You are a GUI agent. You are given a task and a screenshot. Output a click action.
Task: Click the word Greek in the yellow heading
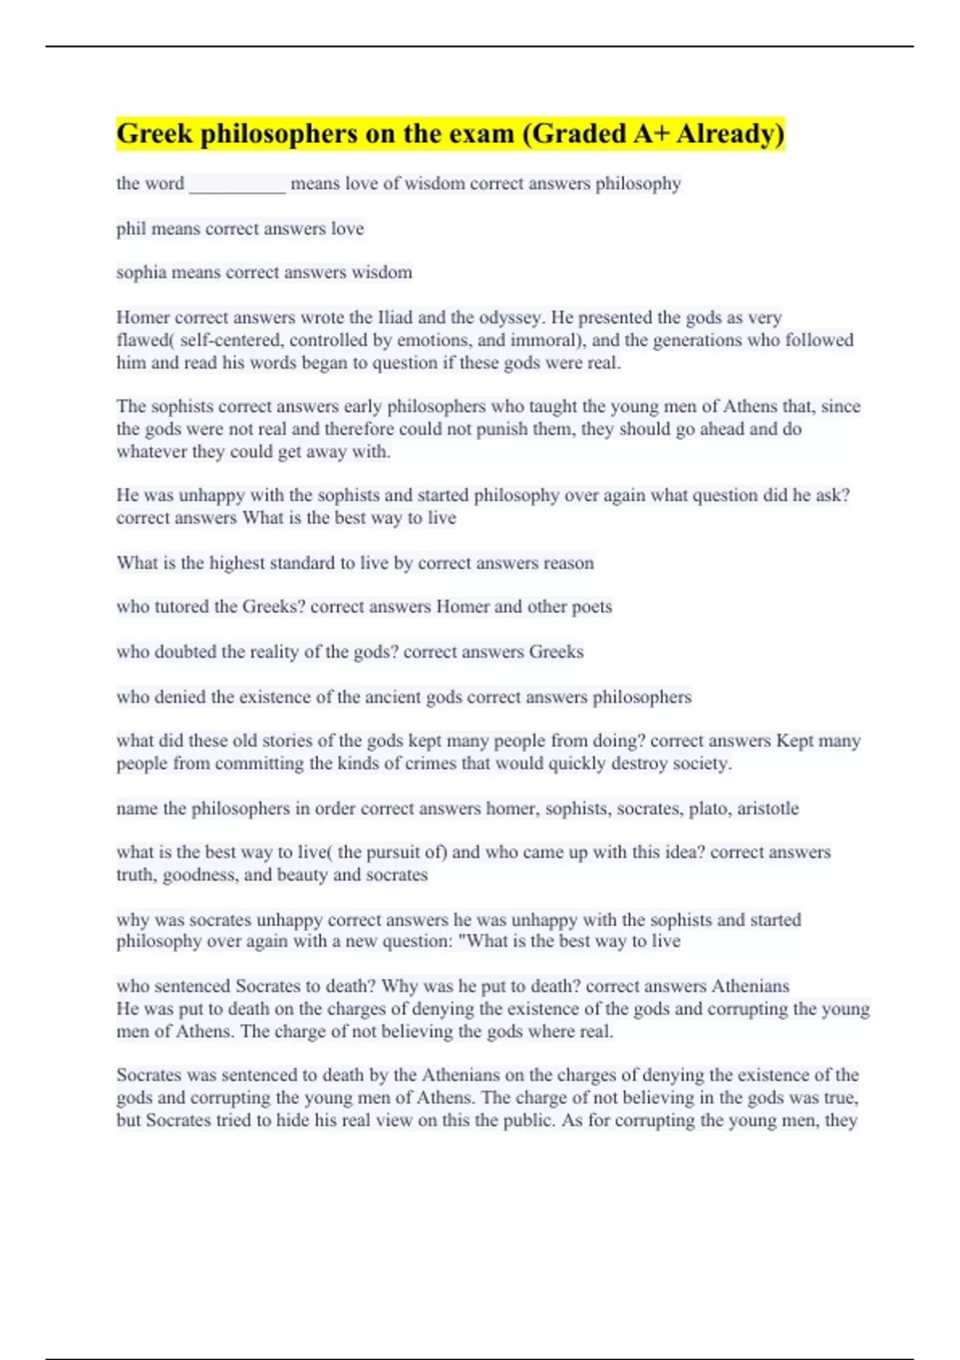coord(154,134)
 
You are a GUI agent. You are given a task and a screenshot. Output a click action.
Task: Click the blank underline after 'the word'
coord(237,185)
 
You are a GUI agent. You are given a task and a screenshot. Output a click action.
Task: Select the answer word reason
coord(568,563)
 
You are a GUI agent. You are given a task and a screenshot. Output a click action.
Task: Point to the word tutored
coord(175,607)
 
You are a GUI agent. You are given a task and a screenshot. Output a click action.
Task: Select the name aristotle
coord(767,809)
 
